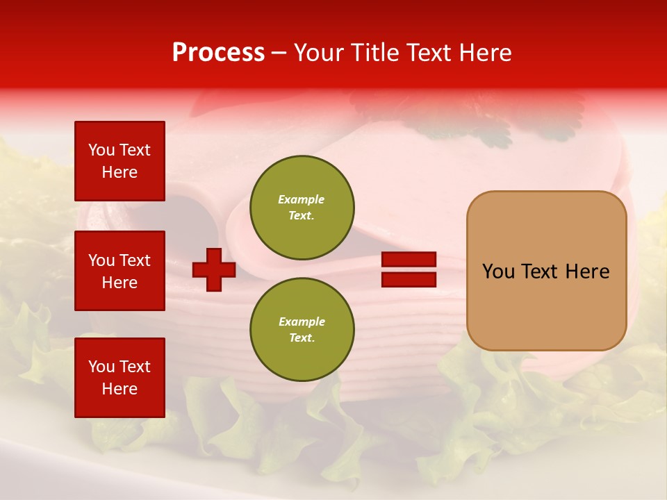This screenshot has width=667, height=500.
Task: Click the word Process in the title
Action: pos(218,53)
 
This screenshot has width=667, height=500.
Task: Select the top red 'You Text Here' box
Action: pos(120,161)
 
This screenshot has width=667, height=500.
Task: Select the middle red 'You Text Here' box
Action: pos(120,271)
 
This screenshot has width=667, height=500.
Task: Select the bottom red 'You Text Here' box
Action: pos(120,378)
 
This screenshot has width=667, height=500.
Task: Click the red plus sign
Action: pos(214,270)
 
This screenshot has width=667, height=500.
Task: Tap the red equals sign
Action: pos(409,269)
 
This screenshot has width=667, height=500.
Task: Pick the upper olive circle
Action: pos(302,208)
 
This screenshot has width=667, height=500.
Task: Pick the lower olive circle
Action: pos(302,329)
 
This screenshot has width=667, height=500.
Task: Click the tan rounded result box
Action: pos(546,271)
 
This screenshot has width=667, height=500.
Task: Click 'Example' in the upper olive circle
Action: pos(301,199)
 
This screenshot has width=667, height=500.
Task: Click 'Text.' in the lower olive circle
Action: pos(302,338)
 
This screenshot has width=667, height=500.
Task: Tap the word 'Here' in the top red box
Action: pos(120,172)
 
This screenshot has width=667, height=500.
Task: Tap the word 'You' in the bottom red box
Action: pos(101,367)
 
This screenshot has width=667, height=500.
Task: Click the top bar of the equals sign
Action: pos(409,260)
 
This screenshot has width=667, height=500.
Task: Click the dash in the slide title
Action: pos(279,53)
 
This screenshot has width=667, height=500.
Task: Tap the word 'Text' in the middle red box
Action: pos(135,260)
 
